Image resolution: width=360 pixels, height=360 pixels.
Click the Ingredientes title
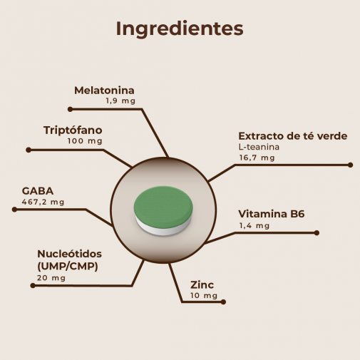180,29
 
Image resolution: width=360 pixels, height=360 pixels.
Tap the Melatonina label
104,91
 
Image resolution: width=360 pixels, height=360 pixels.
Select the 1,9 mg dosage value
120,101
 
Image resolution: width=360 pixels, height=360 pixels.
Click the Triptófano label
73,130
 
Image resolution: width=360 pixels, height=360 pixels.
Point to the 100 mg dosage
85,141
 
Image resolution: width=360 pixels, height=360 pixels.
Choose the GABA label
38,191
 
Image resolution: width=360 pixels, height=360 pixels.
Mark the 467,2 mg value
43,202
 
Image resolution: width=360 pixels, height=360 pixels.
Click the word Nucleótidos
69,254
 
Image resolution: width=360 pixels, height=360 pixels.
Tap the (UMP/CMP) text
68,267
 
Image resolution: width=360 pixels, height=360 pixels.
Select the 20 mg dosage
51,278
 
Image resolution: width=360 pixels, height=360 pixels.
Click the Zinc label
202,285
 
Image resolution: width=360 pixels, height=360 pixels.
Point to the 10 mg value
204,296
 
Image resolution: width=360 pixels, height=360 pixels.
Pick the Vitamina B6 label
272,214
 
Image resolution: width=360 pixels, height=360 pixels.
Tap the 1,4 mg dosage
254,225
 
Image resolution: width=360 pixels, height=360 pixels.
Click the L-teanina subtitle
259,147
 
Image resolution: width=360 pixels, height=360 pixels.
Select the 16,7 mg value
257,158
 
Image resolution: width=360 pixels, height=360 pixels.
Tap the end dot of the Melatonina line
70,109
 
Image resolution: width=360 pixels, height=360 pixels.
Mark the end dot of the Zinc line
223,302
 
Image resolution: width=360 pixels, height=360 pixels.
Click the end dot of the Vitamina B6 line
317,233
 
